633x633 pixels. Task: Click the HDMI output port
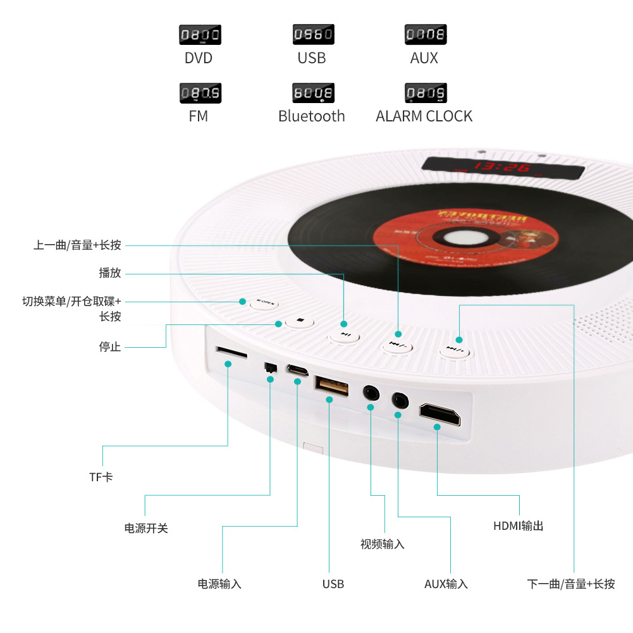[439, 415]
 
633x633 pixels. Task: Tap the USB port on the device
[331, 386]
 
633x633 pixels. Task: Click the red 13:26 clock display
[503, 168]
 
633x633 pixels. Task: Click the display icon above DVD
[200, 34]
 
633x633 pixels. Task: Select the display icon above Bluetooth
[313, 93]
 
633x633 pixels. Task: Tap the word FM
[198, 116]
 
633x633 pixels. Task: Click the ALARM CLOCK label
[424, 116]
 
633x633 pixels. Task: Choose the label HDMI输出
[518, 525]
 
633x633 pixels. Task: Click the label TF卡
[101, 477]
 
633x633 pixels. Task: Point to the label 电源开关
[146, 528]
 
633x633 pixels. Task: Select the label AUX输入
[446, 584]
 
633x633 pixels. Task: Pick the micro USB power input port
[296, 369]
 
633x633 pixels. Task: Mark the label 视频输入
[382, 544]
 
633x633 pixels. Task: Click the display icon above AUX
[426, 34]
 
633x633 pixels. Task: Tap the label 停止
[110, 347]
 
